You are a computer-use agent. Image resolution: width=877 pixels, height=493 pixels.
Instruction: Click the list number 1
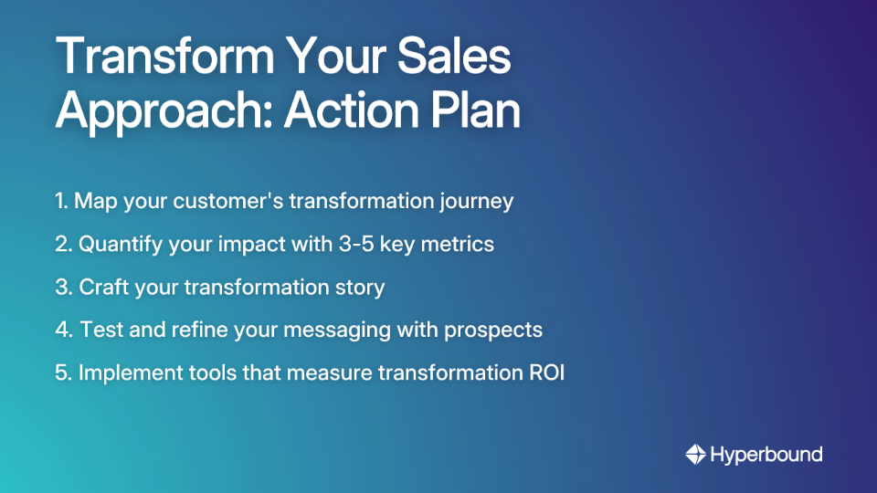point(60,201)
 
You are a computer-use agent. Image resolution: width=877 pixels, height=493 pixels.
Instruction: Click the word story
point(358,288)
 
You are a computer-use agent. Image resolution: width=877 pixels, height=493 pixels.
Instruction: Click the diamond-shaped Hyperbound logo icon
point(695,454)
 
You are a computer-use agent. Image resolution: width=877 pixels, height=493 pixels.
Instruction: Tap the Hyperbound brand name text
point(766,454)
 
